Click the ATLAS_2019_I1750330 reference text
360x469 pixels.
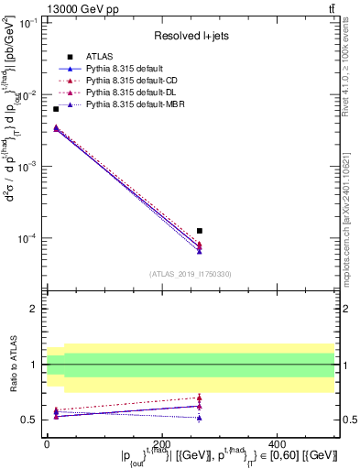(x=191, y=273)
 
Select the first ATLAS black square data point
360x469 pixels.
(x=56, y=109)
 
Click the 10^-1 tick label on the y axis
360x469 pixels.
(x=27, y=24)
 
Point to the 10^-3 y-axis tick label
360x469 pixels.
(x=27, y=167)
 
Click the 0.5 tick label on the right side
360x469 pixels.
(x=348, y=420)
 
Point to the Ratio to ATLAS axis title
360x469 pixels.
(x=13, y=365)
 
